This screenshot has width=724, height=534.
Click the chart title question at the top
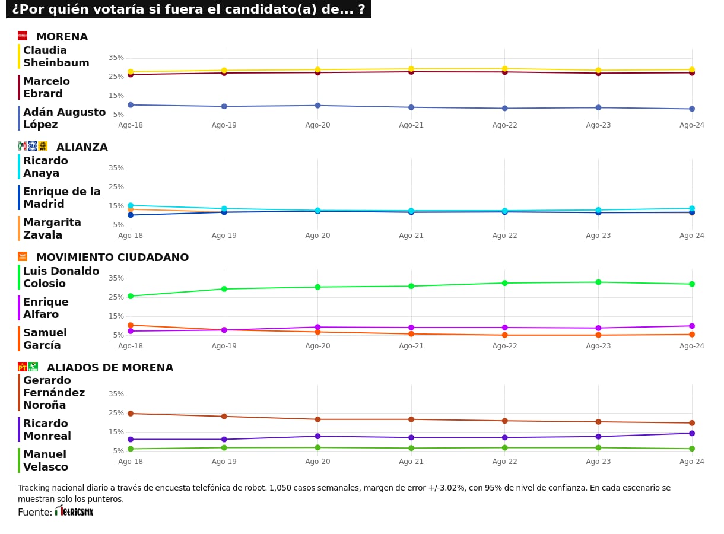click(x=188, y=9)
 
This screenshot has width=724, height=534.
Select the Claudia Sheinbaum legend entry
click(x=56, y=57)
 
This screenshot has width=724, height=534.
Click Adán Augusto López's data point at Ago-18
click(x=131, y=105)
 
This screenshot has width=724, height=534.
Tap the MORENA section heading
click(x=62, y=37)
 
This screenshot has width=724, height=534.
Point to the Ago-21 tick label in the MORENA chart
click(x=411, y=125)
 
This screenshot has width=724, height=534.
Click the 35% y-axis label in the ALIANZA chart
click(x=116, y=168)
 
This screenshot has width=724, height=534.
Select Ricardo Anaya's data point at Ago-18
click(x=131, y=205)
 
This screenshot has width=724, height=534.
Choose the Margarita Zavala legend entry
click(x=52, y=229)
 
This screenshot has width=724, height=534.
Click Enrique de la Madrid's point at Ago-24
click(x=692, y=212)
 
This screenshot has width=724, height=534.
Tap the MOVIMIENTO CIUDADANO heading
click(x=112, y=258)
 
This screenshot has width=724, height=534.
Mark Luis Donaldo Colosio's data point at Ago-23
click(x=598, y=282)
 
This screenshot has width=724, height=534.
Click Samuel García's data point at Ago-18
click(x=131, y=325)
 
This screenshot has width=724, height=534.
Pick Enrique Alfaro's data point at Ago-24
click(x=692, y=326)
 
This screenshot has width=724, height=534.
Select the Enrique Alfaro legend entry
click(x=46, y=309)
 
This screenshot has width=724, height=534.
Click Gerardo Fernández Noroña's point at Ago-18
click(x=131, y=414)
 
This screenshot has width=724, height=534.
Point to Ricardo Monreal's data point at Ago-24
click(x=692, y=433)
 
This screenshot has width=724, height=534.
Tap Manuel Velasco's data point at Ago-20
click(x=317, y=447)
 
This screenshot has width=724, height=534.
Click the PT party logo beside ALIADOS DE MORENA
click(x=23, y=367)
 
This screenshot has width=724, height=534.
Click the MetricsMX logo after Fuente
click(x=75, y=511)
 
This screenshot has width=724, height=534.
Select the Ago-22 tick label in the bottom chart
click(x=505, y=462)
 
